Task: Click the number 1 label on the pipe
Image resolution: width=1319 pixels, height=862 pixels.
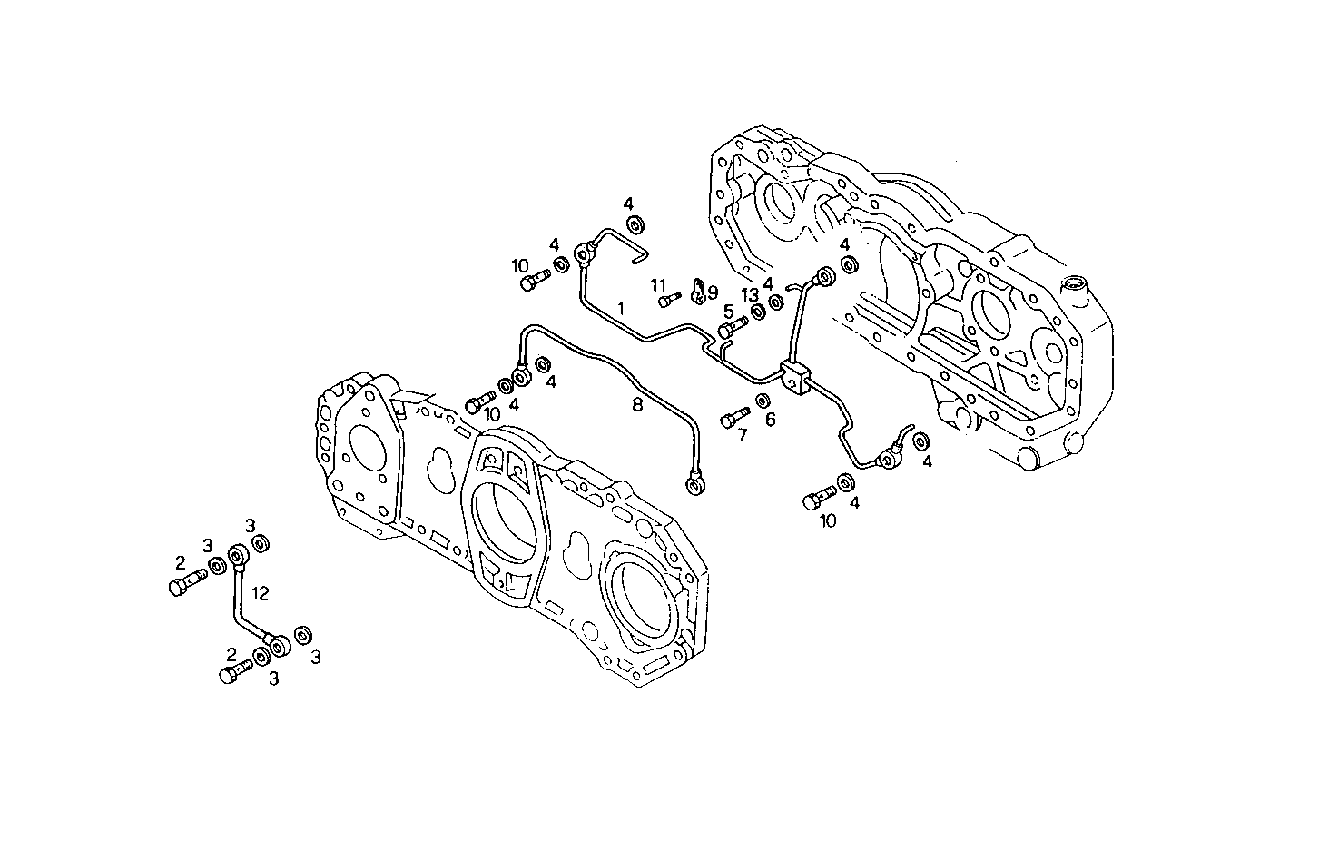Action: coord(621,309)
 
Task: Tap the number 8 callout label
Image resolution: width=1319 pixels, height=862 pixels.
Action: coord(637,405)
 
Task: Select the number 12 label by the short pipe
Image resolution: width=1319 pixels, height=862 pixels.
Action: coord(261,594)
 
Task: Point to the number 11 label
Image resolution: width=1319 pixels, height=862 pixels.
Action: coord(658,285)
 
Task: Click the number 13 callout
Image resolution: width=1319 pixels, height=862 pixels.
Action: coord(749,294)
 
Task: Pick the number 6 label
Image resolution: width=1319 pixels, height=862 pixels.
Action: coord(770,420)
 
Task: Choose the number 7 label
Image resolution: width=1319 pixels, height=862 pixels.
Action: coord(742,436)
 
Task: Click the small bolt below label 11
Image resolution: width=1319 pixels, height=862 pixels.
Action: coord(669,300)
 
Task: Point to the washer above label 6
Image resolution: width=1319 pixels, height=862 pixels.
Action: coord(763,401)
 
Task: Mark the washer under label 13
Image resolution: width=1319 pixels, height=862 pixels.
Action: coord(757,314)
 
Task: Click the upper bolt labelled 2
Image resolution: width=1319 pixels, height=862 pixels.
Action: coord(182,582)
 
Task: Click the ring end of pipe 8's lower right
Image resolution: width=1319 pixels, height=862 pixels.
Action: coord(695,488)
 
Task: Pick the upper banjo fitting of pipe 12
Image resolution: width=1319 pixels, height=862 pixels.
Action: coord(240,554)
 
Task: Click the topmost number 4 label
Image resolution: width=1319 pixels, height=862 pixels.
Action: coord(627,203)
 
